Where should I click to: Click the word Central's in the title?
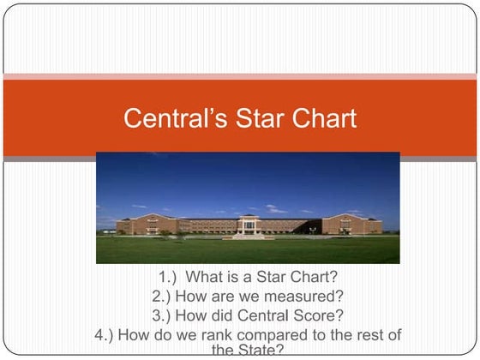168,117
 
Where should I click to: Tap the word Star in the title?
247,117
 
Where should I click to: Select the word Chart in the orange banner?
318,117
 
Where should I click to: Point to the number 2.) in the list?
163,297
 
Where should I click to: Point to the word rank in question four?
207,333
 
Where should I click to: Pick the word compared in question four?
263,333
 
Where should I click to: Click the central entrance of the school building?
249,227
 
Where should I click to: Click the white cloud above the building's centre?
274,209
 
